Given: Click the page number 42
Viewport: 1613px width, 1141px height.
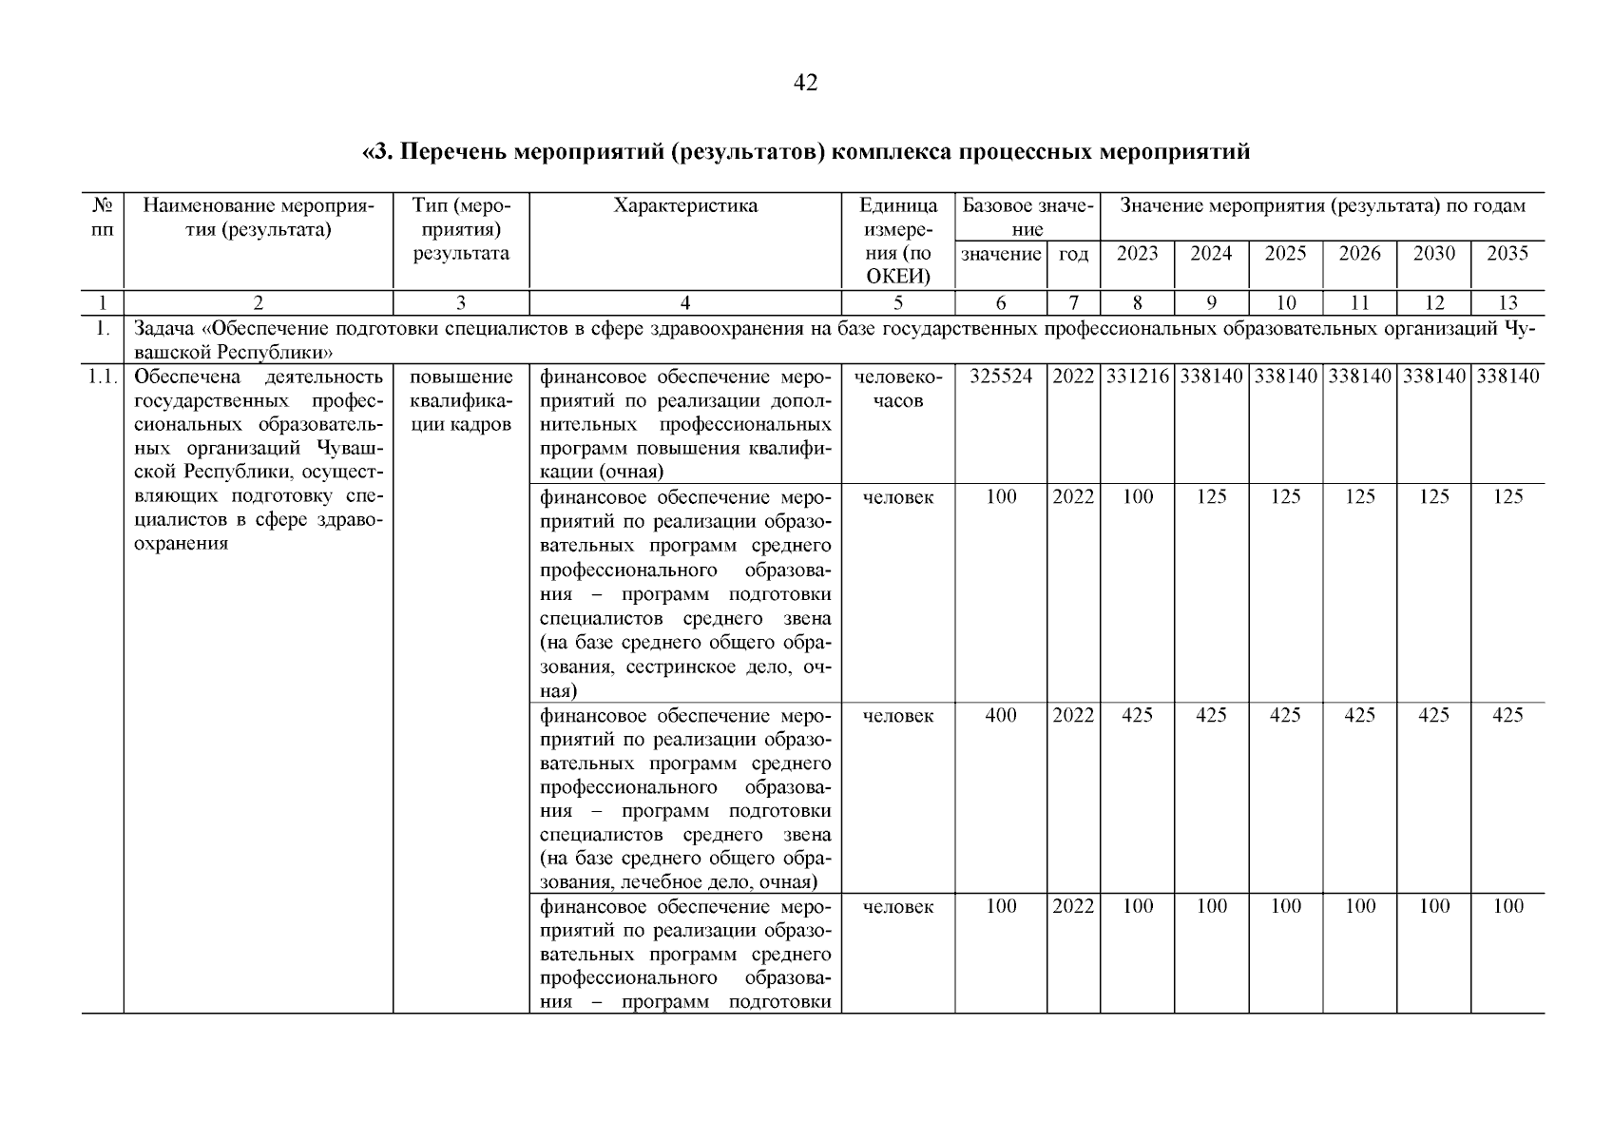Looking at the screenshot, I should point(805,84).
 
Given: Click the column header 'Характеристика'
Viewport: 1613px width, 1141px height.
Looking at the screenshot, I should point(685,206).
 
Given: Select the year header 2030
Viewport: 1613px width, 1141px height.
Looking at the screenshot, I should point(1433,253).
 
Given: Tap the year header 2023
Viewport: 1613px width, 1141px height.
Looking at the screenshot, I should point(1137,253).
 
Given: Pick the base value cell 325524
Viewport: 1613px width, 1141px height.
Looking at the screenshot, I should point(1001,377).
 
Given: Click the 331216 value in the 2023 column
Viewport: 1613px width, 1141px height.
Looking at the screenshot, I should point(1137,377).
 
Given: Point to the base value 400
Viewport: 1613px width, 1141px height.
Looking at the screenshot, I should point(1001,715).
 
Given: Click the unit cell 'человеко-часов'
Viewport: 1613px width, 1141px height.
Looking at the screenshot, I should point(898,389).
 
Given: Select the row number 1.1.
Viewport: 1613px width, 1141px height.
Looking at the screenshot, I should point(102,377).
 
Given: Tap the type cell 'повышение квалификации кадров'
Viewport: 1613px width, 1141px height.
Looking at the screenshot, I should point(461,400).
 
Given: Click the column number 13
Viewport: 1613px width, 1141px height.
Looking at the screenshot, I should point(1507,303).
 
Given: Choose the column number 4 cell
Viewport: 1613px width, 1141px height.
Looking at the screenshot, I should point(685,303).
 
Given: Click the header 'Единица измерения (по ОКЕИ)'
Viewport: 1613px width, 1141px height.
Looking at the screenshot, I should point(898,242).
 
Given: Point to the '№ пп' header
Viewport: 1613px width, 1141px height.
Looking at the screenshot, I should point(102,218).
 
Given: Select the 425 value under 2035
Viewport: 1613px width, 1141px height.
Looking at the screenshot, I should point(1507,715).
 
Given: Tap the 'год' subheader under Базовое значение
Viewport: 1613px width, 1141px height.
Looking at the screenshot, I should point(1073,254).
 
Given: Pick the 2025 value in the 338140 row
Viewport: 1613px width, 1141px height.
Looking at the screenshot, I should point(1285,377).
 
